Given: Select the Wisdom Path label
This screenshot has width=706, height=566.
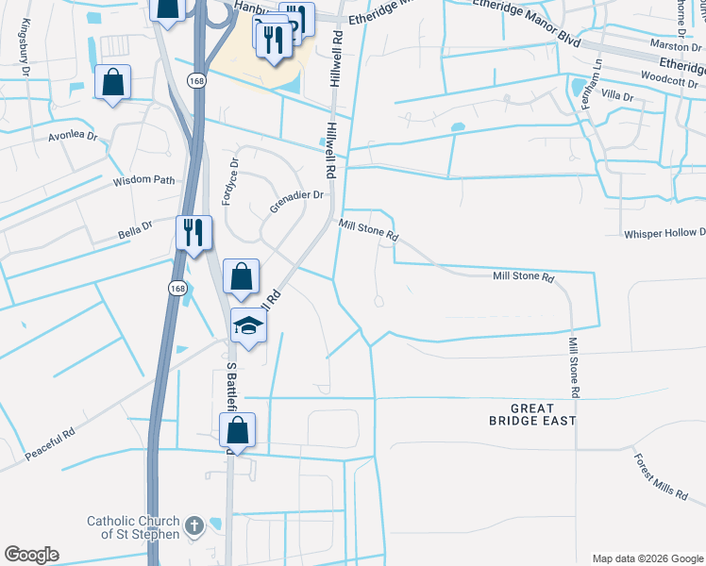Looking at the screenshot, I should click(x=144, y=180).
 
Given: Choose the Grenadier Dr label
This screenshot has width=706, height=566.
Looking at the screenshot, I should click(x=298, y=195).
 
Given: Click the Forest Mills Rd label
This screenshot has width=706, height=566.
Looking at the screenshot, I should click(x=661, y=475).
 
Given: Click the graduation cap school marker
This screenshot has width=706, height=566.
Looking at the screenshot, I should click(x=249, y=326).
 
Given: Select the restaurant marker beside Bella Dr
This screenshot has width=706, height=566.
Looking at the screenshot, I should click(x=193, y=232).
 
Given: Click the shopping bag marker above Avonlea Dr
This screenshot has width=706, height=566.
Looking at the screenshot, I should click(x=112, y=81).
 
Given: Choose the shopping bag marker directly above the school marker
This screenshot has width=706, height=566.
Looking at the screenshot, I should click(x=241, y=277).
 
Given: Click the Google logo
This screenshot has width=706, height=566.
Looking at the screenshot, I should click(x=32, y=555).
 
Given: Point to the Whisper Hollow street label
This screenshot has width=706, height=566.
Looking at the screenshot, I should click(x=664, y=233).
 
